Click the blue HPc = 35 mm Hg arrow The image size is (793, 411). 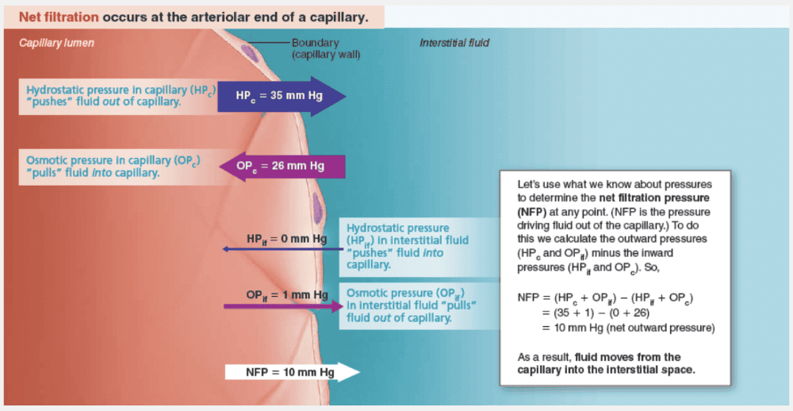[x=282, y=96]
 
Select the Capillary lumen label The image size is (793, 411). [x=56, y=43]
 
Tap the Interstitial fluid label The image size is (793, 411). [x=454, y=43]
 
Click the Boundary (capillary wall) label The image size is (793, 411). [x=325, y=48]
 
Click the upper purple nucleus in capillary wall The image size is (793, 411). [x=249, y=52]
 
